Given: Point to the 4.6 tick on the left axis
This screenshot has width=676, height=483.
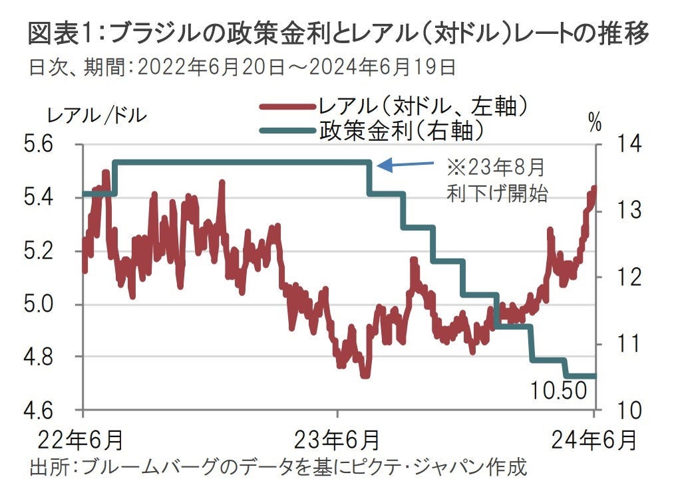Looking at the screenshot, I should (x=43, y=410).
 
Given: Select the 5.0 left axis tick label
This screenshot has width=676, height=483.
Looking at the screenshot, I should (x=43, y=304).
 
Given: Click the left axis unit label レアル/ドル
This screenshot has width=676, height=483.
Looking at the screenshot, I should (x=97, y=114).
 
